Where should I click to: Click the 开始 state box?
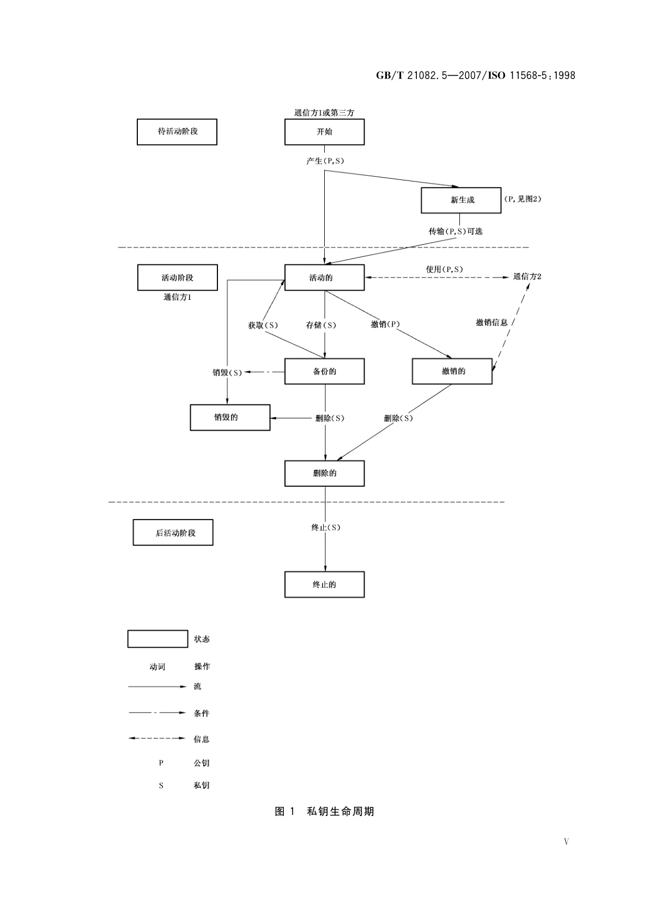[324, 132]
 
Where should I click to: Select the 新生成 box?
[461, 200]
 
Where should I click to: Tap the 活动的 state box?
[324, 277]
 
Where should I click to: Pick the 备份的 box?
[324, 371]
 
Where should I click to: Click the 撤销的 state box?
[452, 371]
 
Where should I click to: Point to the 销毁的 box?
[230, 418]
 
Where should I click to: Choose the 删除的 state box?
[324, 473]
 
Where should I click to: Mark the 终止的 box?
[324, 584]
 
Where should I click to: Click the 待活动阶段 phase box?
[177, 132]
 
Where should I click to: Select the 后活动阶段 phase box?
[173, 533]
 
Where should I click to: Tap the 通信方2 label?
[527, 276]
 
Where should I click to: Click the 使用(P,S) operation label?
[444, 269]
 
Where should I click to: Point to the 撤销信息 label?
[492, 323]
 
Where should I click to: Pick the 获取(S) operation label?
[263, 325]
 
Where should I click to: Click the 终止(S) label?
[325, 528]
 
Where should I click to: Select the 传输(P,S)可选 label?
[456, 231]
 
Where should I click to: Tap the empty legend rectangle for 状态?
[157, 639]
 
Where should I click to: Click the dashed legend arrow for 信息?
[157, 739]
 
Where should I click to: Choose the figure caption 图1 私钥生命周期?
[324, 811]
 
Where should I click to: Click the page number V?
[566, 842]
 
